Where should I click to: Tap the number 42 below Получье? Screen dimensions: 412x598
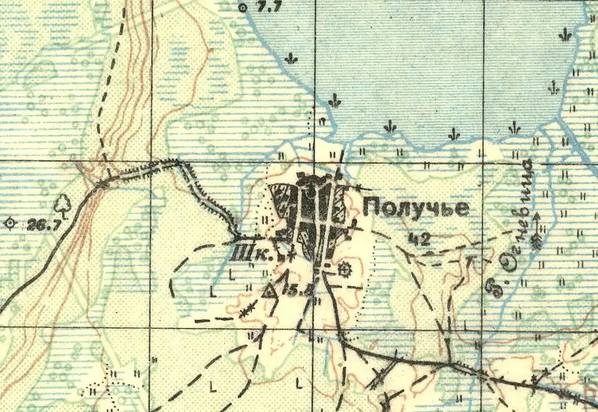[422, 237]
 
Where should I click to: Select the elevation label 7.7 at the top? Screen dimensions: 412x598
[268, 7]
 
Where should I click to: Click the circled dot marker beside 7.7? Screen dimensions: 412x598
[243, 7]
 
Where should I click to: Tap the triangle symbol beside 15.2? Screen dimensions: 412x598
[269, 292]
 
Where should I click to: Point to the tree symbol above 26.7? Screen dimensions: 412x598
[62, 204]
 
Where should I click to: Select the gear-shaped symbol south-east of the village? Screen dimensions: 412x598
[343, 269]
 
